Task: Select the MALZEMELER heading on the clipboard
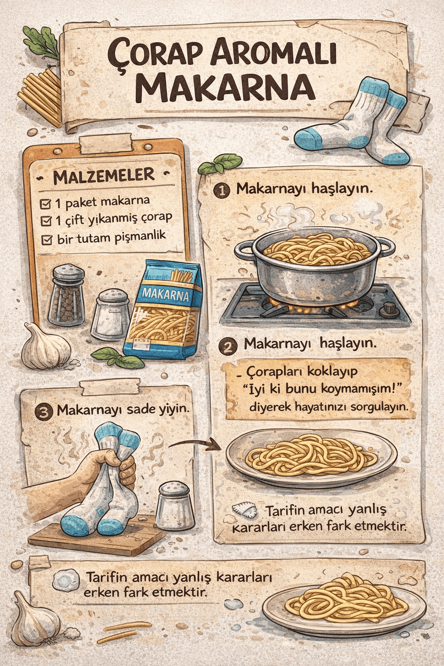point(104,176)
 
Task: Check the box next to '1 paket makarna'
point(46,204)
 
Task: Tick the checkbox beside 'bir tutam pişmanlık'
point(46,239)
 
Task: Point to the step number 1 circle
point(222,190)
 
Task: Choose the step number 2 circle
point(228,346)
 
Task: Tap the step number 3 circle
point(44,411)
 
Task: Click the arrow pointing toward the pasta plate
point(195,444)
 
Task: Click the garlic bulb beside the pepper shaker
point(46,347)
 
